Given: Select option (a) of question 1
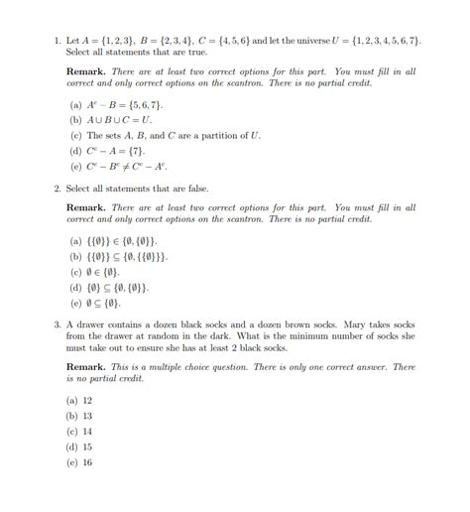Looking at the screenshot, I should tap(74, 103).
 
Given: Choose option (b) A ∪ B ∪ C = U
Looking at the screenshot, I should tap(74, 119).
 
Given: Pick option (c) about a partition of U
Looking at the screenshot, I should tap(74, 135).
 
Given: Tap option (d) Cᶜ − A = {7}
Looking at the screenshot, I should tap(74, 151).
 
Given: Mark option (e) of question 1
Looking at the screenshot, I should tap(74, 167).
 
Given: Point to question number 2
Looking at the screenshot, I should tap(57, 189).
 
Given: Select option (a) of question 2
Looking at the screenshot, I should tap(74, 240).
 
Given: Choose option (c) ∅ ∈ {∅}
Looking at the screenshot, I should tap(74, 272).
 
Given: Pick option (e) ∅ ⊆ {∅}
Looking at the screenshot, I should tap(74, 304).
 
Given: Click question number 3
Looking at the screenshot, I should tap(57, 324).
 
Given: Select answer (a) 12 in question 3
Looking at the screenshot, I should tap(74, 400).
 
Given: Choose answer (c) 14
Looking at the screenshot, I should tap(74, 432).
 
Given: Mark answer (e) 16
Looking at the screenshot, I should tap(74, 462).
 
